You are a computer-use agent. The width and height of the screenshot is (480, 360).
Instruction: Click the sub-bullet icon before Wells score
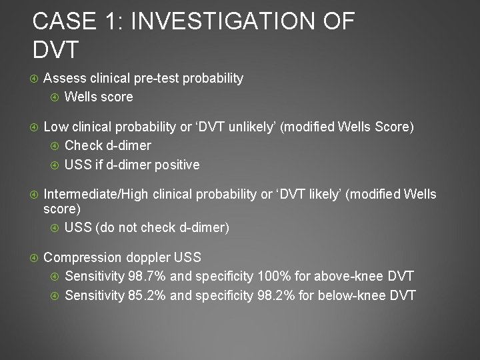click(55, 97)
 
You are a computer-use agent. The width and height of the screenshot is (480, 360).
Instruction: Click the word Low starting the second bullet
click(55, 127)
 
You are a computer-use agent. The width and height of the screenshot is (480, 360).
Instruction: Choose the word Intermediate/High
click(97, 194)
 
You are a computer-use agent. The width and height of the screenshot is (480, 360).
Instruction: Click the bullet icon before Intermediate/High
click(35, 194)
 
